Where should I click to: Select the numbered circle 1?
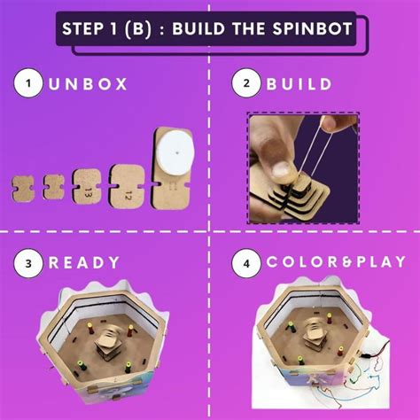point(29,84)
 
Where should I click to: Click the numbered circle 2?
point(243,84)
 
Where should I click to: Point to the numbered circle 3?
point(29,262)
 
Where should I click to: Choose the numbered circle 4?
point(243,262)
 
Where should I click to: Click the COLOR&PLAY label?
point(326,263)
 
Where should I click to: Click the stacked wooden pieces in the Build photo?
point(301,190)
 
